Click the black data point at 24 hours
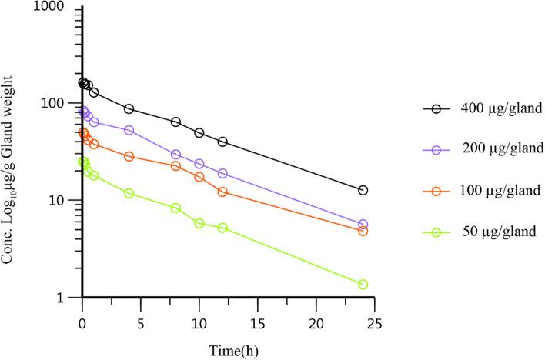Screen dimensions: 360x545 [x=363, y=190]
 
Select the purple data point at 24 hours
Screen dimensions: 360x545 [x=363, y=225]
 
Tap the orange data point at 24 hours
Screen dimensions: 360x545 [x=363, y=231]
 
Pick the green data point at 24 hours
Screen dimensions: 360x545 [x=363, y=285]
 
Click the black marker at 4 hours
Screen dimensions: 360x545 [x=129, y=109]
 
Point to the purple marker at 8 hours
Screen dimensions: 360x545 [x=176, y=155]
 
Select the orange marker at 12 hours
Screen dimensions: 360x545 [x=222, y=192]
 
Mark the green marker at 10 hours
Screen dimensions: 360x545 [x=199, y=223]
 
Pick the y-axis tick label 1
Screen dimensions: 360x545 [x=65, y=298]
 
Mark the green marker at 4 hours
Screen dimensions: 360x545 [x=129, y=193]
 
